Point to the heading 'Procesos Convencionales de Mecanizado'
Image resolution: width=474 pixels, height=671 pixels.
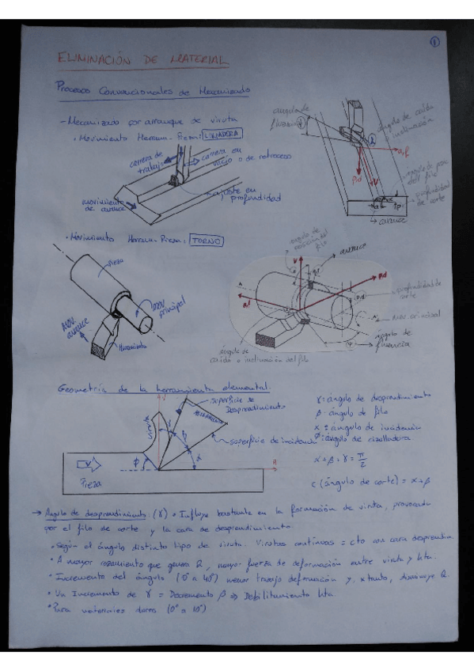[153, 91]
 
